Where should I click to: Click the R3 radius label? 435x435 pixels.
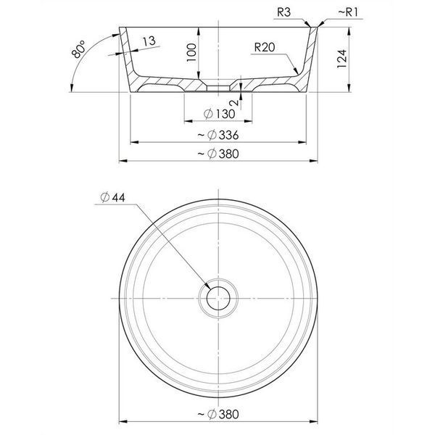(283, 12)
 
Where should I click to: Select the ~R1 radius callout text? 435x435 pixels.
(349, 12)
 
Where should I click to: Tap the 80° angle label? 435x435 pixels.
(78, 49)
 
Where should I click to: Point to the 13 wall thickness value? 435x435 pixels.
(149, 41)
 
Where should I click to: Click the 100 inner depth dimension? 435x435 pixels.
(191, 53)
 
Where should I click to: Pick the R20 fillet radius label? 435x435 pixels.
(265, 47)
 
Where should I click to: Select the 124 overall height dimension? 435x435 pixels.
(341, 59)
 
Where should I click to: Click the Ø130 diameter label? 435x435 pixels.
(219, 114)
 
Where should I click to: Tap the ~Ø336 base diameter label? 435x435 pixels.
(218, 135)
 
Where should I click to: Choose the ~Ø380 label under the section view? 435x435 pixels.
(218, 154)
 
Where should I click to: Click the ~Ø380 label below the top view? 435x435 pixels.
(218, 414)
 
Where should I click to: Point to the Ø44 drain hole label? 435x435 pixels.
(113, 197)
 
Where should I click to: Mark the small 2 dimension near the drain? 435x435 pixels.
(234, 103)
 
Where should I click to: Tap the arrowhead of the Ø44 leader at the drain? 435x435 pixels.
(207, 286)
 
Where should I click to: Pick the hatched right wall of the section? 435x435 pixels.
(310, 59)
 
